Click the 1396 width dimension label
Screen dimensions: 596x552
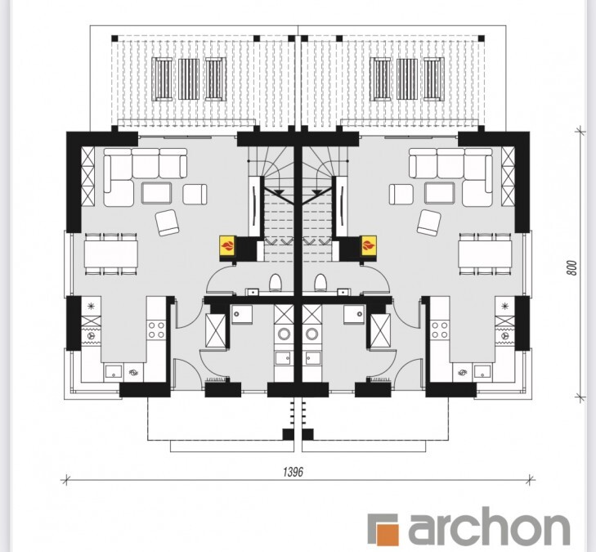[293, 472]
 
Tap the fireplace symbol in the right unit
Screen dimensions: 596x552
[369, 246]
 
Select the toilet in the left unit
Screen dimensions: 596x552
[276, 282]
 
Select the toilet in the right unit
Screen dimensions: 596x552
[320, 282]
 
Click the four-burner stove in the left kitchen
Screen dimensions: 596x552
[156, 330]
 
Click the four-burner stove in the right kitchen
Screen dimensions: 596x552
[439, 330]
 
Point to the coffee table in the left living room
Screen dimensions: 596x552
[157, 193]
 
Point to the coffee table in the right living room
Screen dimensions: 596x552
[439, 193]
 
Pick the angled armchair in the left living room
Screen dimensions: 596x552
[167, 222]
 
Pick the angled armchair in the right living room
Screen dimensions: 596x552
[428, 222]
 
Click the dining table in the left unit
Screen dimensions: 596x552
[111, 254]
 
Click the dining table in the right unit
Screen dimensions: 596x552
[485, 254]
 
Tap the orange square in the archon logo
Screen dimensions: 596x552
[387, 534]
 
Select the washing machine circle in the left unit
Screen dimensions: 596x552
[284, 334]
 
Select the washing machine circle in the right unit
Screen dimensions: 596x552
[312, 334]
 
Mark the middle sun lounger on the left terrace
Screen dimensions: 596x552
[189, 79]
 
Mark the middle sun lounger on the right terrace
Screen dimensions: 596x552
[407, 79]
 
